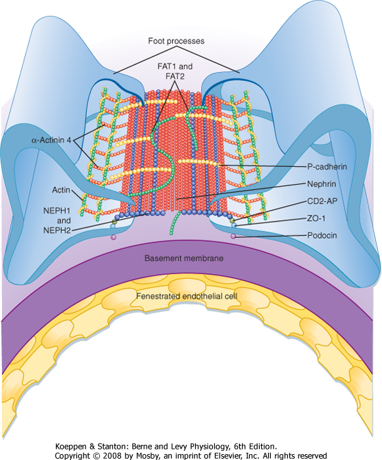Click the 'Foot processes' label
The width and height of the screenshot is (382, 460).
coord(176,41)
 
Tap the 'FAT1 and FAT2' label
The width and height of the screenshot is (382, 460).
coord(175,71)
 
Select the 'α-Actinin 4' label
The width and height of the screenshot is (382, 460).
coord(51,140)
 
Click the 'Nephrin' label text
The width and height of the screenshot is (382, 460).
coord(322,184)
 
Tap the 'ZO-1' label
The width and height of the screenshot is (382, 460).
coord(316,218)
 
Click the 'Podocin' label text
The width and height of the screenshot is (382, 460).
coord(322,235)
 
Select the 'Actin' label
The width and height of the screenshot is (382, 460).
coord(61,190)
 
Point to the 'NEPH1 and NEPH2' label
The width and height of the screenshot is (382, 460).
coord(57,220)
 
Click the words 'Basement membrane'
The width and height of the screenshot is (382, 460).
coord(184,258)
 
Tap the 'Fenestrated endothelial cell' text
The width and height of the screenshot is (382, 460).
coord(187,296)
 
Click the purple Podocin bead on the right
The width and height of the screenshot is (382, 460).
coord(233,236)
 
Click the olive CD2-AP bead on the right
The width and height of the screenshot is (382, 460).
coord(233,221)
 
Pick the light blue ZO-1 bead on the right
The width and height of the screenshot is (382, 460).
coord(233,225)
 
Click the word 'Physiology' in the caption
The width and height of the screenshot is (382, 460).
coord(210,447)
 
